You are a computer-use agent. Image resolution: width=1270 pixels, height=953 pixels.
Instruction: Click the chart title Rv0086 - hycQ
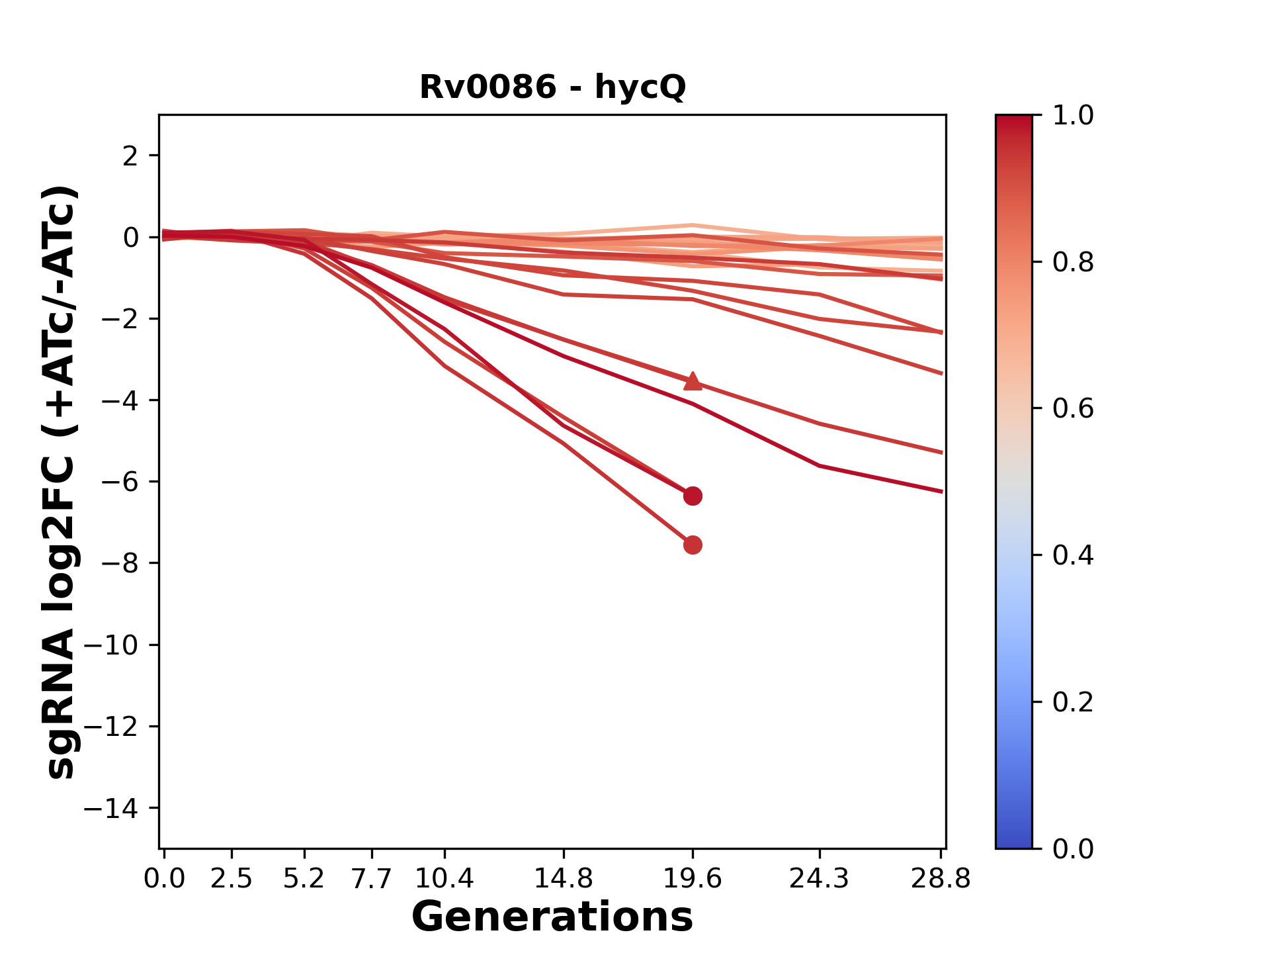point(552,87)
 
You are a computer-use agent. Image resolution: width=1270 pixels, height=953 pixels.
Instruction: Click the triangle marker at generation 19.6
point(693,381)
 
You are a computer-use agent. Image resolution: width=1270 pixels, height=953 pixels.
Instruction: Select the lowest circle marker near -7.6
point(693,545)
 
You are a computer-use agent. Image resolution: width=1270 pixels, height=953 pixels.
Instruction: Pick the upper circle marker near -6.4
point(693,496)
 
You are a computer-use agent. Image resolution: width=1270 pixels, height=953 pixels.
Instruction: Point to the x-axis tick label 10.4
point(444,879)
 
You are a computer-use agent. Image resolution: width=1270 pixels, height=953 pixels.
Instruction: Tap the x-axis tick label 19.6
point(693,879)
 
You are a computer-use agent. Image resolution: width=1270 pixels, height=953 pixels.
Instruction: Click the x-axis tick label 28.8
point(941,879)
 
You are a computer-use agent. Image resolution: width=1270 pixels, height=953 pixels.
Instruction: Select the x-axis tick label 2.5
point(232,879)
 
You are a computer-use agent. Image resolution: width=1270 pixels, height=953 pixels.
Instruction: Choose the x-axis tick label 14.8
point(563,879)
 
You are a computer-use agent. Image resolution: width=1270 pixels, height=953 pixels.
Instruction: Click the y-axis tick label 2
point(130,156)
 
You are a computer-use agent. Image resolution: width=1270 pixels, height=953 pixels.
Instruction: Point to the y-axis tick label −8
point(119,564)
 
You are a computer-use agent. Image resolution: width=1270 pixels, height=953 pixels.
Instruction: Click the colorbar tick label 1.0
point(1073,116)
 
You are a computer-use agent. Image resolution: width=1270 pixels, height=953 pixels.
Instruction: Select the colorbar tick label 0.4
point(1073,555)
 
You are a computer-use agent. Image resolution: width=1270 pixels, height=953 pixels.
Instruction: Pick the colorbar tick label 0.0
point(1073,848)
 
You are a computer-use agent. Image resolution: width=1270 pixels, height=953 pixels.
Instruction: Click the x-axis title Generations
point(552,917)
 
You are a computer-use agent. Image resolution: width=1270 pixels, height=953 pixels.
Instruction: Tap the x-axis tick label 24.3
point(819,879)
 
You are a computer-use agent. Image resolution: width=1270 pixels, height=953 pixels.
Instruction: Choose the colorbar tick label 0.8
point(1073,263)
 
